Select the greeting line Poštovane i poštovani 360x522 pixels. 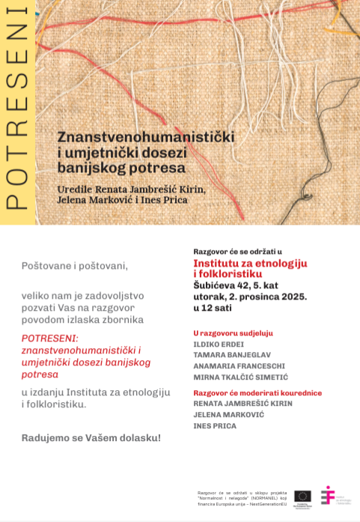75,266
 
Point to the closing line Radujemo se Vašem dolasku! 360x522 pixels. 91,437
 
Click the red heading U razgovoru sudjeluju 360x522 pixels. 233,333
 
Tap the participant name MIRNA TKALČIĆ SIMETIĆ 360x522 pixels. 240,377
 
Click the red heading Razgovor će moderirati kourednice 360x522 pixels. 257,392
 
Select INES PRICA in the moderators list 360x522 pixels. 215,426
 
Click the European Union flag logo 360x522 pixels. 302,495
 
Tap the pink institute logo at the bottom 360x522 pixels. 327,495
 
